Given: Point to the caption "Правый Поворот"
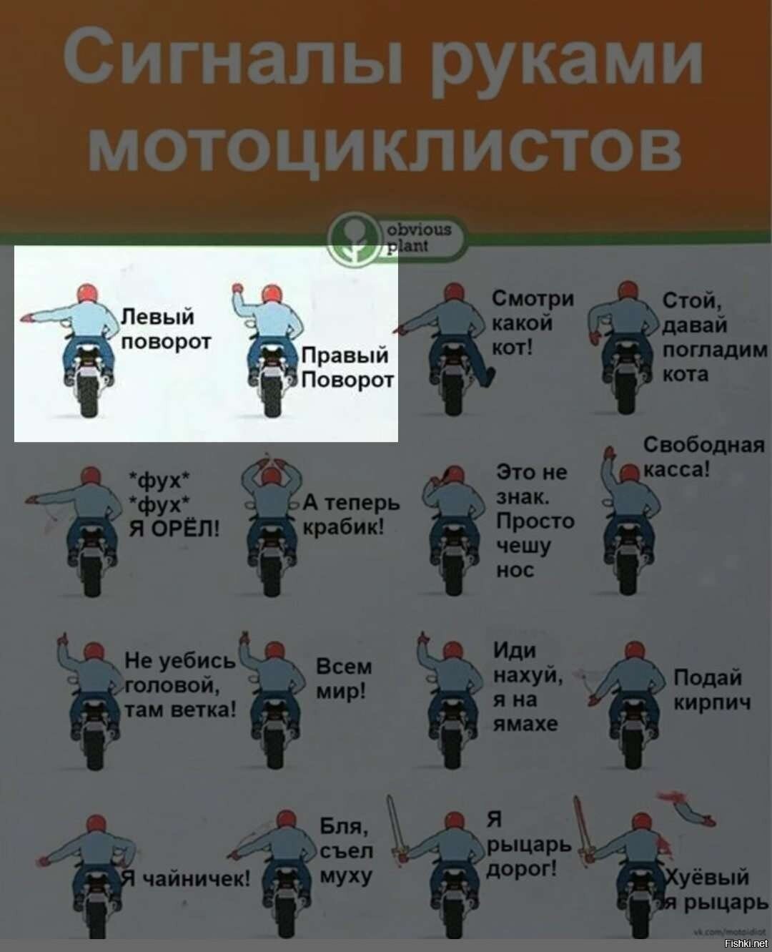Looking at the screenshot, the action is coord(347,368).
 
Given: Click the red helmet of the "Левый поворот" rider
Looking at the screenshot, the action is coord(87,294).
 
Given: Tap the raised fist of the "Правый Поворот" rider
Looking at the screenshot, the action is coord(237,287).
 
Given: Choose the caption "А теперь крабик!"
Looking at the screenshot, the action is coord(352,515).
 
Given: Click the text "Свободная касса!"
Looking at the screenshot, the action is coord(703,457).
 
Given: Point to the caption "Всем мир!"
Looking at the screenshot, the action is coord(344,679).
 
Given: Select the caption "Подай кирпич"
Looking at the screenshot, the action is coord(712,690).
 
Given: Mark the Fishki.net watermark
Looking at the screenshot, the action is coord(746,943).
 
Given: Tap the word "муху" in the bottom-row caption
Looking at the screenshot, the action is coord(346,878).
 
